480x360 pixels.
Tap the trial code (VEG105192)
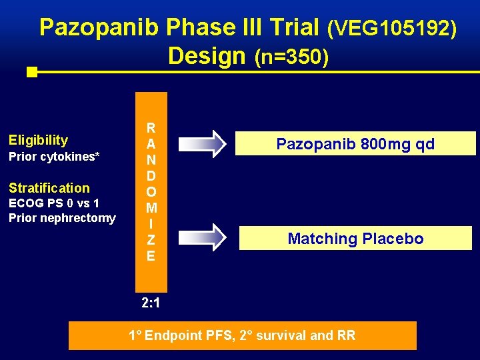(x=392, y=29)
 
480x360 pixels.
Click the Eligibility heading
(x=38, y=140)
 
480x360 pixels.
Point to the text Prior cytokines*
(x=54, y=157)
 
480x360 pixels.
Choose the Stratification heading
(x=49, y=188)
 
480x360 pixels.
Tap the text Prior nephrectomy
(x=62, y=218)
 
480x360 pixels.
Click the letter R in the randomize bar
(x=151, y=128)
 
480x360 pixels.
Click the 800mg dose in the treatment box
(x=376, y=144)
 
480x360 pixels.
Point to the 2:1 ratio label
(x=151, y=304)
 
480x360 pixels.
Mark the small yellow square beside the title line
(x=31, y=72)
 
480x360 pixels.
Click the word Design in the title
(x=207, y=56)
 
